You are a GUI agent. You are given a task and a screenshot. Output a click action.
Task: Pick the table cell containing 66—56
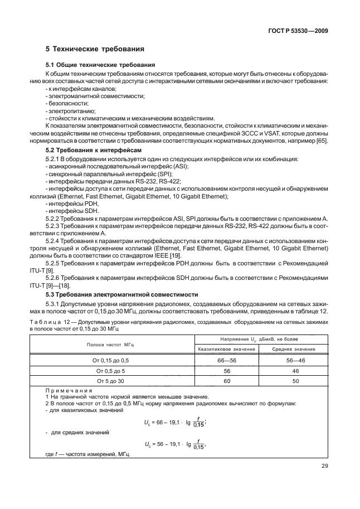coord(226,361)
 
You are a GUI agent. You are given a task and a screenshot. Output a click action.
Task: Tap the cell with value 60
coord(226,381)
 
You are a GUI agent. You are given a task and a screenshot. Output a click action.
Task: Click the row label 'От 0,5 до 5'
coord(112,371)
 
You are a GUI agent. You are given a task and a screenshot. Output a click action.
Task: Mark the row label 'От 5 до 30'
coord(112,381)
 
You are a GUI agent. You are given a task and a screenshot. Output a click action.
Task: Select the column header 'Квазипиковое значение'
coord(226,349)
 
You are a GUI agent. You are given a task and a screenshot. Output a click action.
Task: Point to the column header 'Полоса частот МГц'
coord(112,344)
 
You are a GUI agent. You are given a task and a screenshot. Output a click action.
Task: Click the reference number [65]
coord(322,140)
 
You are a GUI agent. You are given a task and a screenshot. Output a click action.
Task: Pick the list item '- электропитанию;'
coord(66,110)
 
